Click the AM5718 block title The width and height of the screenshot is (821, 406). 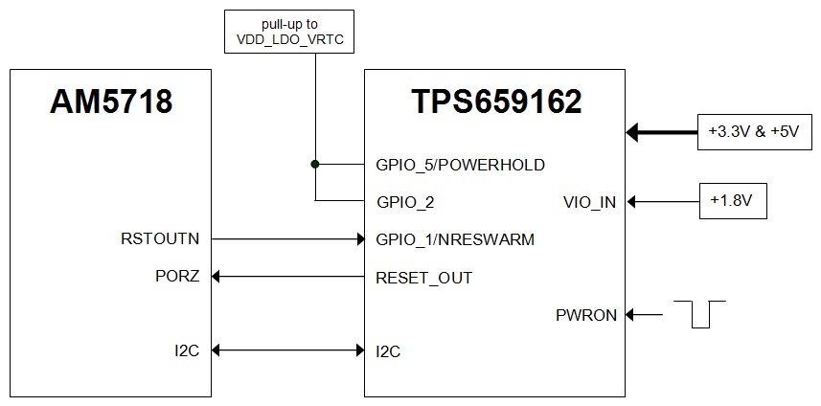click(111, 101)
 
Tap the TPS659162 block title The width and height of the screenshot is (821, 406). click(495, 101)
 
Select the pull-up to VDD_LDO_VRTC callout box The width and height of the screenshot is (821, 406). click(287, 33)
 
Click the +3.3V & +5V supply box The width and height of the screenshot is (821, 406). click(751, 131)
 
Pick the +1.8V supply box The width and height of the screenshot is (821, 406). click(733, 201)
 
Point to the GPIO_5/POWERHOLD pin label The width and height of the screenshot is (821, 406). click(460, 165)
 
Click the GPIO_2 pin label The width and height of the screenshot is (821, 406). click(407, 202)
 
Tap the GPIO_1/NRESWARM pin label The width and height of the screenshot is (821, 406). click(455, 239)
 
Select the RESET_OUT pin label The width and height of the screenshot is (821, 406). click(423, 278)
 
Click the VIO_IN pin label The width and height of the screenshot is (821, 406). click(590, 202)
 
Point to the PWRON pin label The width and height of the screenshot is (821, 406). click(586, 314)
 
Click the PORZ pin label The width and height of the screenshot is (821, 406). click(177, 278)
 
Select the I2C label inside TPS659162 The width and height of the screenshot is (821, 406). click(388, 351)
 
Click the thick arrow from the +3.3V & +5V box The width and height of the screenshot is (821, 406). click(662, 131)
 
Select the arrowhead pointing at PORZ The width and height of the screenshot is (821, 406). click(217, 277)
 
